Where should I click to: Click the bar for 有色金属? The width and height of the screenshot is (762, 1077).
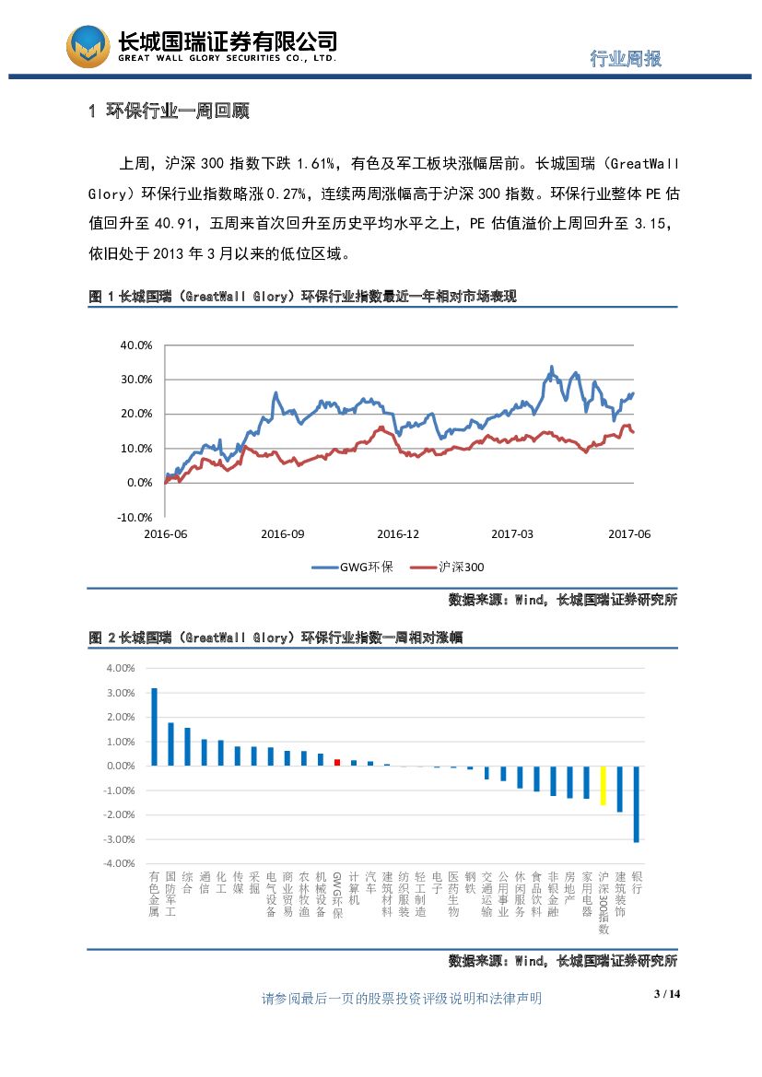(154, 727)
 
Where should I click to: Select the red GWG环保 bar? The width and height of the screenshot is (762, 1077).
(337, 762)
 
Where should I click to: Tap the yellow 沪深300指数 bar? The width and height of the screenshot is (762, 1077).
(604, 786)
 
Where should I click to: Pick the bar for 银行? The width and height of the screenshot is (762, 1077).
(637, 803)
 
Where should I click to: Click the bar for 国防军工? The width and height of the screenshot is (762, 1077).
(170, 743)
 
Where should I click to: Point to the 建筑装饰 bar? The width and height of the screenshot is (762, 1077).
(620, 789)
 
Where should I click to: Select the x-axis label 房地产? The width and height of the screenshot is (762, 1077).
(570, 889)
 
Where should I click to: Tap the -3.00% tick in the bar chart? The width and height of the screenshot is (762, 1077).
(122, 839)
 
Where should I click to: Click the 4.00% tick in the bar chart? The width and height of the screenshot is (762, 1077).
(122, 668)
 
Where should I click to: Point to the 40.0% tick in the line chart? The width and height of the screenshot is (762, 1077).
(136, 345)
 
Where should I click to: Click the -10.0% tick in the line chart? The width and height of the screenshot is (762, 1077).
(135, 517)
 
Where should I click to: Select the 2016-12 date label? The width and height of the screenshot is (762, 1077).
(398, 534)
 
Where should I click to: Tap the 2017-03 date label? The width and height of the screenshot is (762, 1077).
(512, 534)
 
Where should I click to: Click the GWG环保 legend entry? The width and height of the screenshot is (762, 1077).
(354, 568)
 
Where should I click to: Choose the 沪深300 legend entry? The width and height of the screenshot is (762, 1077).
(451, 568)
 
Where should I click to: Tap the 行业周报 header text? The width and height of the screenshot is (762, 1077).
(626, 58)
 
